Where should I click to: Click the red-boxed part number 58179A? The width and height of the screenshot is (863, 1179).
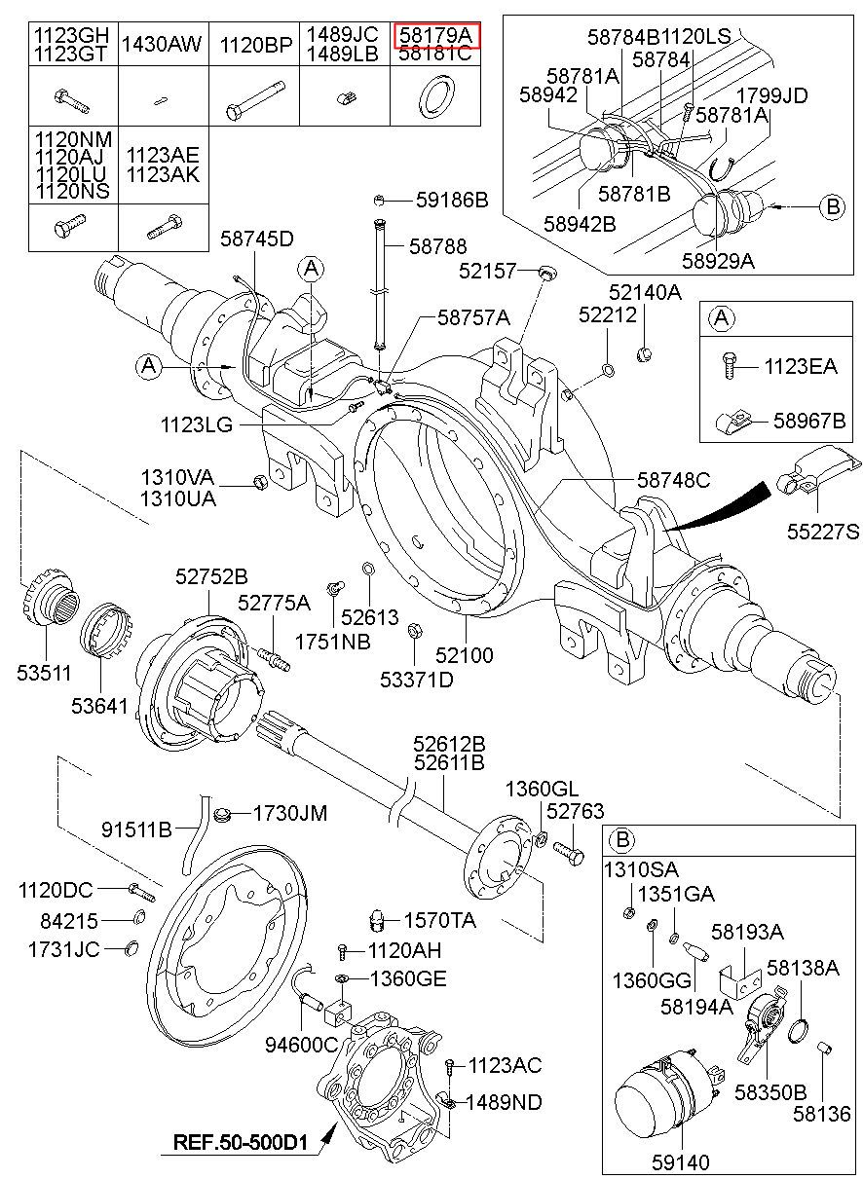click(x=435, y=35)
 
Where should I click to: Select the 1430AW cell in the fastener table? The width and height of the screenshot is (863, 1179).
click(x=162, y=44)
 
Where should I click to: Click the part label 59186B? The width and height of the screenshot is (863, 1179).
click(x=452, y=200)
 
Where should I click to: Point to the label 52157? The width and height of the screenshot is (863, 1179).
click(x=488, y=272)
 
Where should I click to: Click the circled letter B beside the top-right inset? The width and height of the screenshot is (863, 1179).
click(x=833, y=206)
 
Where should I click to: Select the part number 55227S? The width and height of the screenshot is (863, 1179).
click(x=823, y=532)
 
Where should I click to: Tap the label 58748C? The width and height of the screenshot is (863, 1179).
click(x=673, y=480)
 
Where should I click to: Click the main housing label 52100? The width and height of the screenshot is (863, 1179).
click(x=465, y=655)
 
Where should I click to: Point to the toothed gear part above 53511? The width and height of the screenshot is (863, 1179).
click(x=51, y=597)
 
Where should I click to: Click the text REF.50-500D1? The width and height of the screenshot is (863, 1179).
click(x=241, y=1142)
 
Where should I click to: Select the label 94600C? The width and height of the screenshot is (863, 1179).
click(x=302, y=1045)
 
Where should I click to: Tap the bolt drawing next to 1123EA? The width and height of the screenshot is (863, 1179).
click(x=729, y=365)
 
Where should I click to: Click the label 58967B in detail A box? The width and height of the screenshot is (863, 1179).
click(x=809, y=421)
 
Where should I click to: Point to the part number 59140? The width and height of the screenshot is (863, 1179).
click(x=681, y=1161)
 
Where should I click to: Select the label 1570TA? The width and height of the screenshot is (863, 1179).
click(x=439, y=920)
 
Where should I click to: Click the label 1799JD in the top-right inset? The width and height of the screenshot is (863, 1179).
click(x=771, y=95)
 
